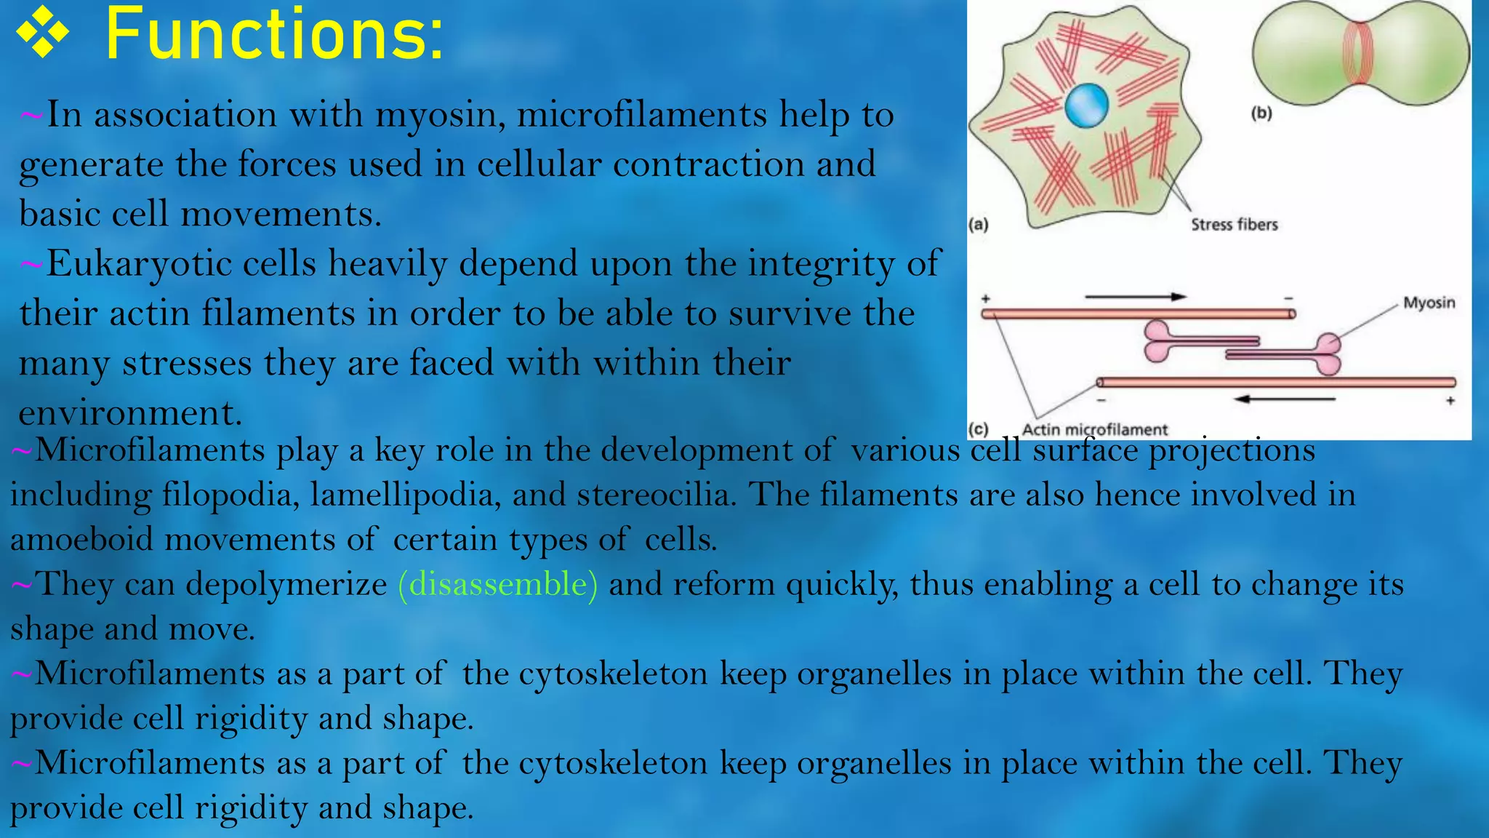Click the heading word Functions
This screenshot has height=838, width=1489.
273,35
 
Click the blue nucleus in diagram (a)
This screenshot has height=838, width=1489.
1087,105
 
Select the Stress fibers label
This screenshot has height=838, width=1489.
1234,225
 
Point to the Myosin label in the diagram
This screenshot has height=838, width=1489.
1429,303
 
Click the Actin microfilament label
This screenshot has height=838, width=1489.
1094,429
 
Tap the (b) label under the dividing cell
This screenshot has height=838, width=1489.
1261,113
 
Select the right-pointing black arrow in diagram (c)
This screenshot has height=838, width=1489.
1136,297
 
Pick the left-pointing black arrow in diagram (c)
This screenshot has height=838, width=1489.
1285,399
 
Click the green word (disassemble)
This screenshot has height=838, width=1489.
498,584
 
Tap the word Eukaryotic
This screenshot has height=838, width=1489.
138,264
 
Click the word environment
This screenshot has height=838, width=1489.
129,413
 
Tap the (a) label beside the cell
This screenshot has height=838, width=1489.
979,224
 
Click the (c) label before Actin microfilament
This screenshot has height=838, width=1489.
979,429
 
